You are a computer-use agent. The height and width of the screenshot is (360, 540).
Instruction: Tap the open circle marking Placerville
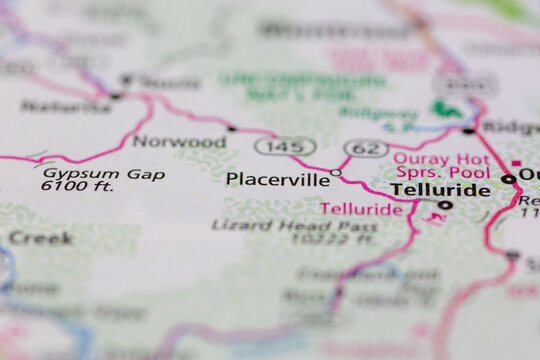(x=336, y=173)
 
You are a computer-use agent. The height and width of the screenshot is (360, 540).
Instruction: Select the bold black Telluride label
(x=440, y=189)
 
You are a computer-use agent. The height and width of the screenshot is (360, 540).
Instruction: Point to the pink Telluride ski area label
(x=361, y=209)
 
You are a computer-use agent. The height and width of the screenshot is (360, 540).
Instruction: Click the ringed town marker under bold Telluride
(x=445, y=205)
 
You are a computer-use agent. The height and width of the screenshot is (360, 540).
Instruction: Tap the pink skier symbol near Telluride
(x=432, y=216)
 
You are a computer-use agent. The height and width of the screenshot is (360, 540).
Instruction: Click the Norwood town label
(x=171, y=141)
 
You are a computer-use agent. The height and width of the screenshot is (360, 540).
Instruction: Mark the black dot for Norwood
(x=232, y=128)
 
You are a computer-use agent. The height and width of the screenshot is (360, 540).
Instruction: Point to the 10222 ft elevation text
(x=339, y=240)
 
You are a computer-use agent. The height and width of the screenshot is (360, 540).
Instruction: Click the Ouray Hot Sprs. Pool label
(x=441, y=165)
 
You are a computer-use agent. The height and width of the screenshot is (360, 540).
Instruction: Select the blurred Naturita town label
(x=66, y=105)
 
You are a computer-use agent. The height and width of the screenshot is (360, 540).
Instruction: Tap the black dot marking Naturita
(x=116, y=96)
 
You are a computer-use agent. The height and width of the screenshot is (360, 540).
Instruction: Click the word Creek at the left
(x=40, y=238)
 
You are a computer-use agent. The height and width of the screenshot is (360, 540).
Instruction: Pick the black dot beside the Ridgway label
(x=469, y=130)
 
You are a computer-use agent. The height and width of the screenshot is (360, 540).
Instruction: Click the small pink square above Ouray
(x=516, y=163)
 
